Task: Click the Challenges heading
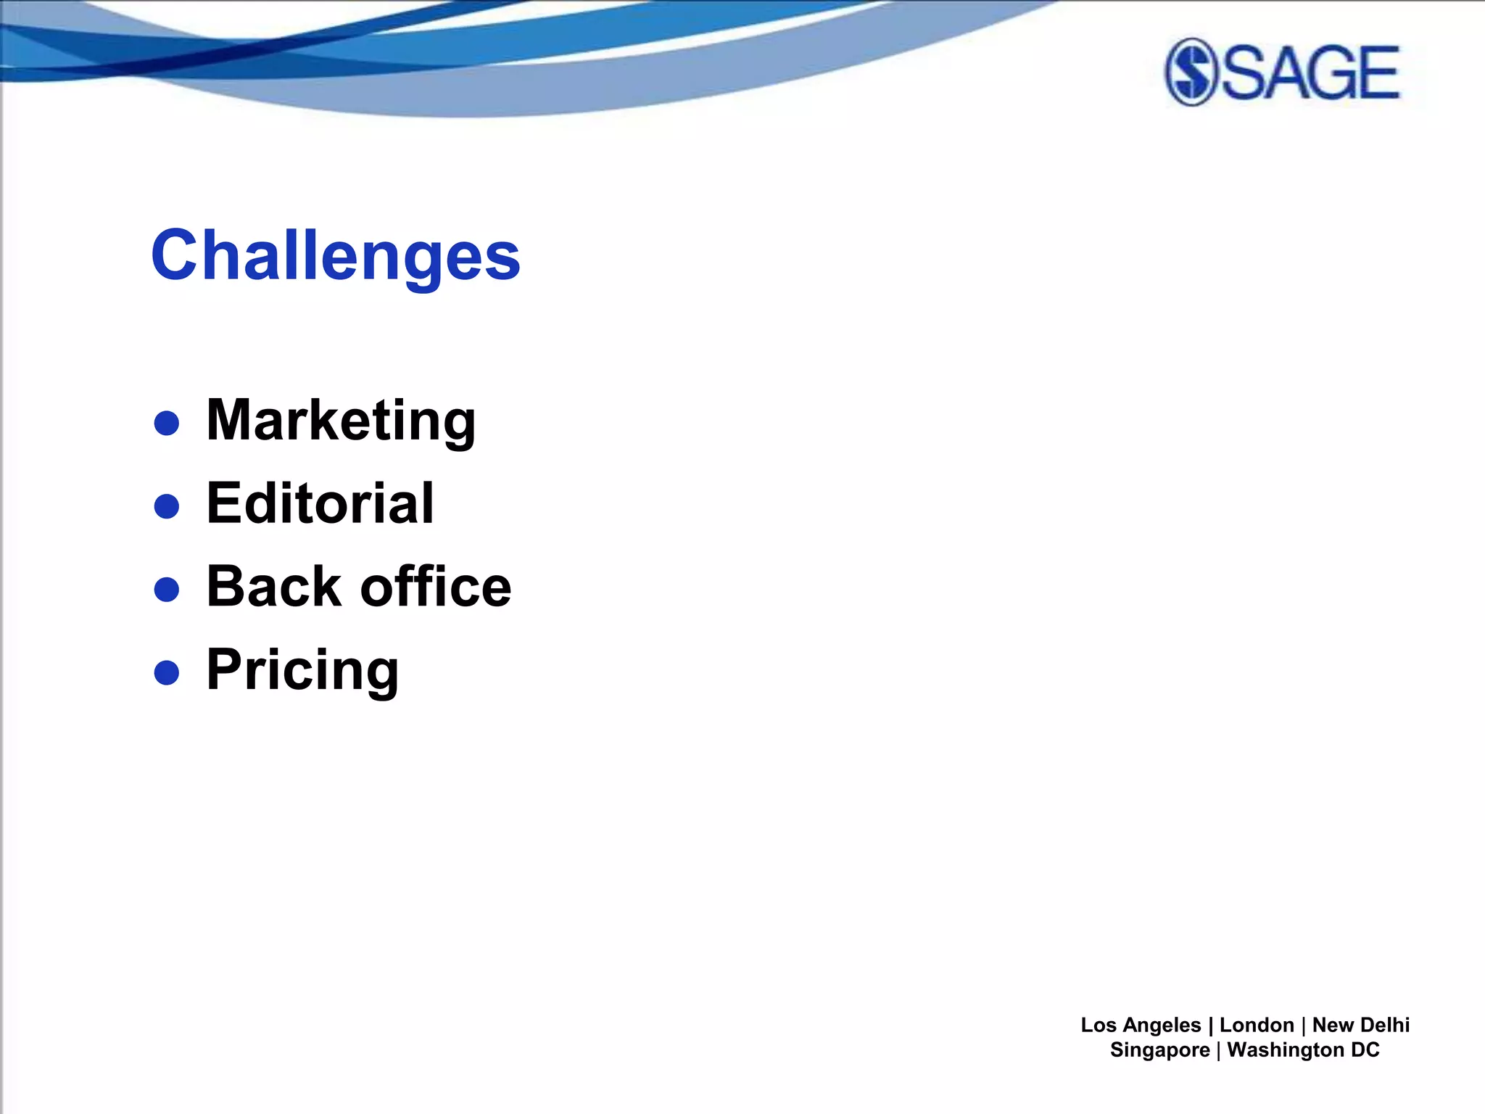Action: (x=335, y=255)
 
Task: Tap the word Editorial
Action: (x=320, y=503)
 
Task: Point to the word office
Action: (x=436, y=586)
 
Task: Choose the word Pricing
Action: (x=302, y=670)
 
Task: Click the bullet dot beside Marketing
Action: (x=167, y=423)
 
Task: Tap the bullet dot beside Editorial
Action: (x=167, y=506)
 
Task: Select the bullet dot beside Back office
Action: (x=167, y=590)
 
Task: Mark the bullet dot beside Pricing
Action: (x=167, y=672)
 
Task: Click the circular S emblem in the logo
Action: (x=1190, y=72)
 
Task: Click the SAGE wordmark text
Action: (x=1310, y=72)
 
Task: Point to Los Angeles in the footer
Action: (x=1141, y=1025)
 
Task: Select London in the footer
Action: (x=1257, y=1025)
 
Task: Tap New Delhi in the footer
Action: (x=1361, y=1025)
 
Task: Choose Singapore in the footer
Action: (x=1159, y=1049)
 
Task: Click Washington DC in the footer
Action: (x=1303, y=1049)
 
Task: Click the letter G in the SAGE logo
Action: (x=1333, y=72)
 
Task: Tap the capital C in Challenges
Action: (x=175, y=255)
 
